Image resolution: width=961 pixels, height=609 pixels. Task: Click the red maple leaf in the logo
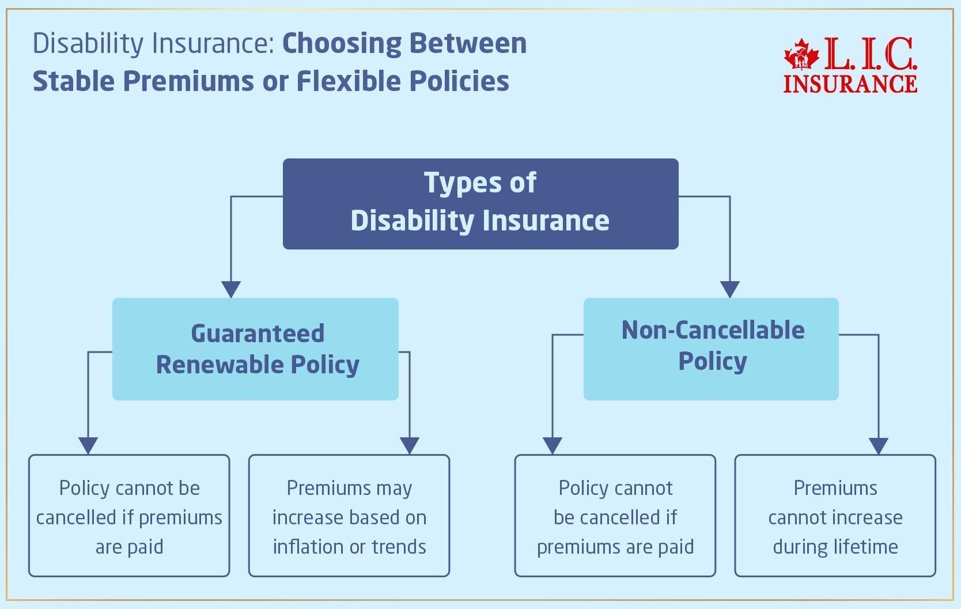(x=801, y=55)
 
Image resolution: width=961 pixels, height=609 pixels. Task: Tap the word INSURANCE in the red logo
(x=850, y=84)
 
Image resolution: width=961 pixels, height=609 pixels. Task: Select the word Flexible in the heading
(x=349, y=81)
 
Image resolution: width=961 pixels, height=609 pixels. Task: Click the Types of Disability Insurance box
(x=480, y=203)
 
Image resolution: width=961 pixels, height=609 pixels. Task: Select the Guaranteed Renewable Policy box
(x=255, y=349)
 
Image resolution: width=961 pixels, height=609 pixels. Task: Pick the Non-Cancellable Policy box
(x=710, y=349)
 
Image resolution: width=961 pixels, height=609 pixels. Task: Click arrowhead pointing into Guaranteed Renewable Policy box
(x=231, y=289)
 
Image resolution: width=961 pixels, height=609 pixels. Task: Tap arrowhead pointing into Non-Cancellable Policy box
(x=730, y=289)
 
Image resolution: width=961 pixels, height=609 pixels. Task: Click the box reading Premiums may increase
(x=349, y=516)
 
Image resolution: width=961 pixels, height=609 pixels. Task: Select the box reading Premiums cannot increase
(x=835, y=516)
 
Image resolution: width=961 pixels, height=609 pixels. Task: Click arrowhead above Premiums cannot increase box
(x=879, y=446)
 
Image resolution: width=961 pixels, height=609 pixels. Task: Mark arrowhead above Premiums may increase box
(x=410, y=446)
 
